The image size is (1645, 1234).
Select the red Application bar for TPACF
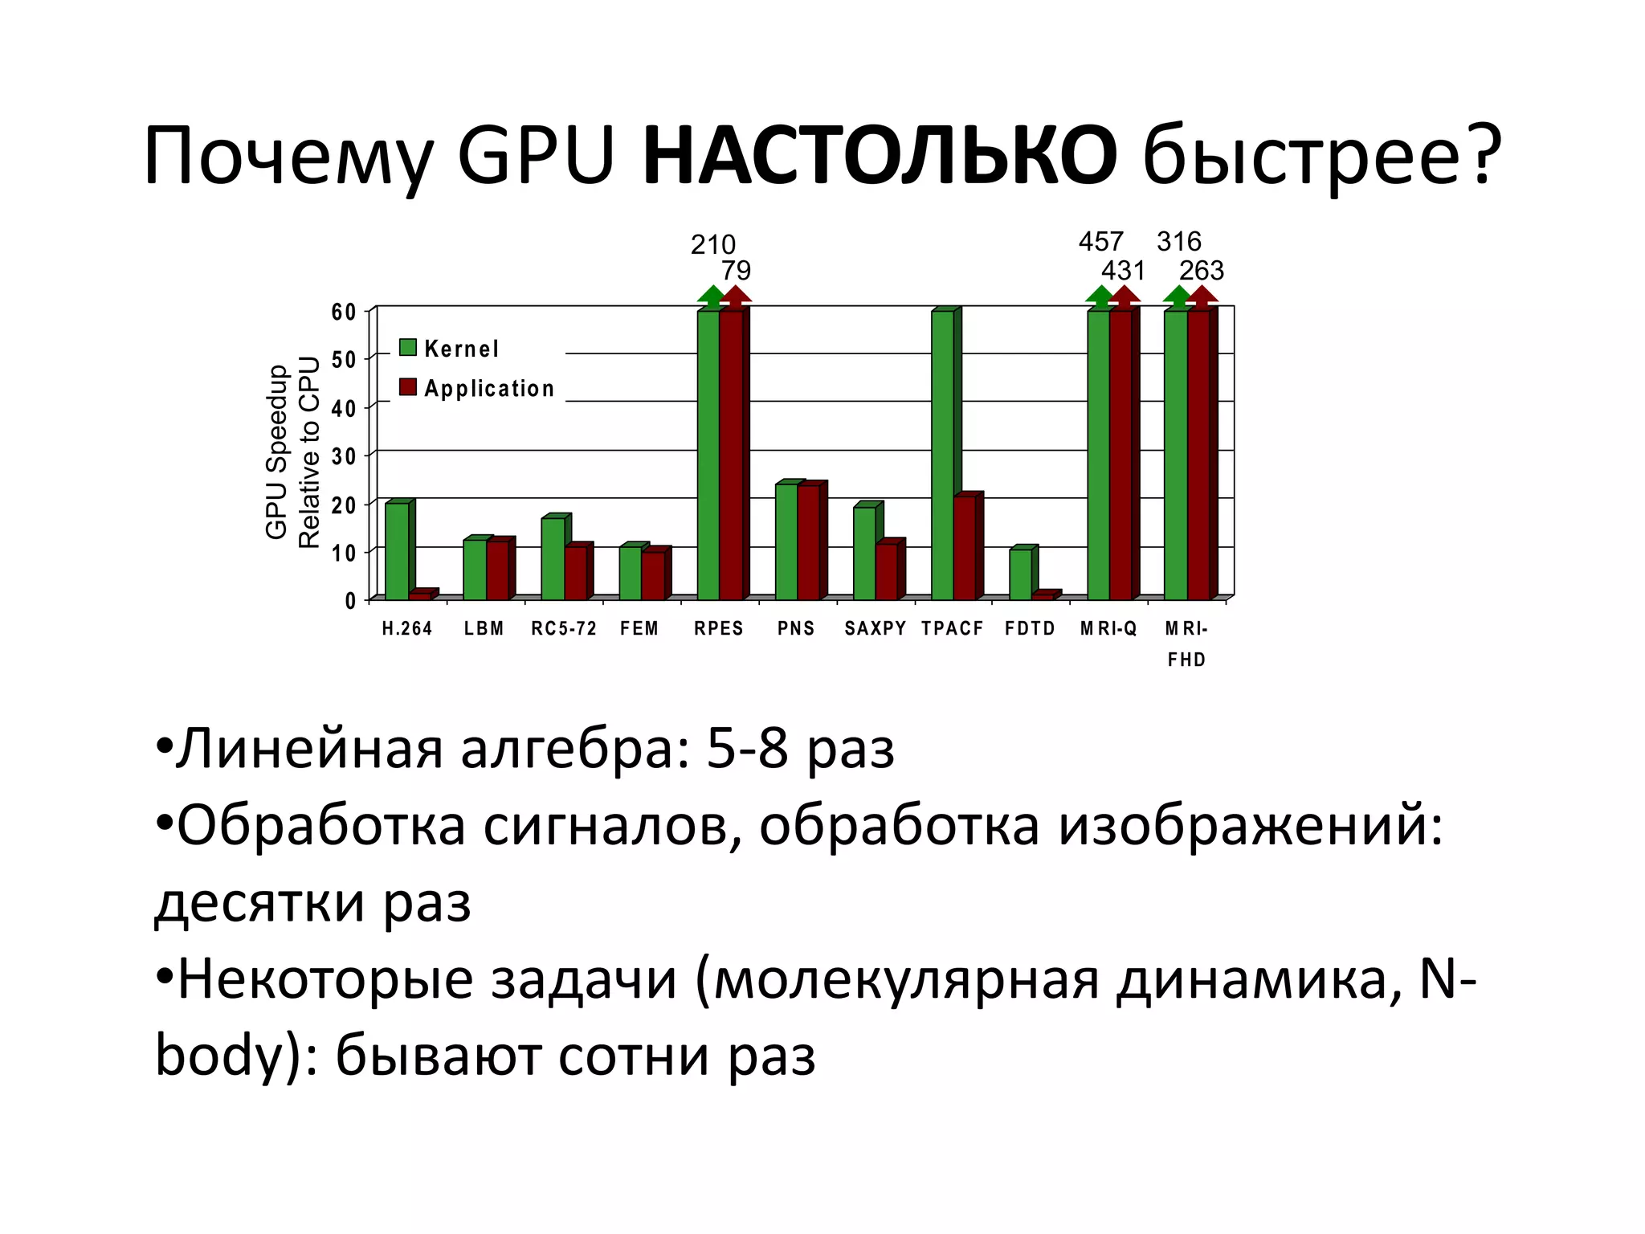964,548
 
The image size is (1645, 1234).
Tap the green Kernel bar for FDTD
1020,574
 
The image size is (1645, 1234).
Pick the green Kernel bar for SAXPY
864,554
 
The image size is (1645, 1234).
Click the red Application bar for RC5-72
575,573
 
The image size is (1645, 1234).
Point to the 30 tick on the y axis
344,456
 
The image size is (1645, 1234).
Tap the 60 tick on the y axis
344,312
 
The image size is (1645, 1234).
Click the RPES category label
719,628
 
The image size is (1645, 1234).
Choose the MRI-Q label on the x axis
1108,628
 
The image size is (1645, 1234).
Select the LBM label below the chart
484,628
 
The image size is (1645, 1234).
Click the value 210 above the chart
713,244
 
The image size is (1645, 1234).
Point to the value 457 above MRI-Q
1100,241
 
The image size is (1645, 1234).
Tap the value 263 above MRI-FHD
1202,271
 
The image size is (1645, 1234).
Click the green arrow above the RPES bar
711,296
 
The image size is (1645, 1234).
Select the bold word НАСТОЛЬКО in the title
880,155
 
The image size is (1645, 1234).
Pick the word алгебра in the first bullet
575,749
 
